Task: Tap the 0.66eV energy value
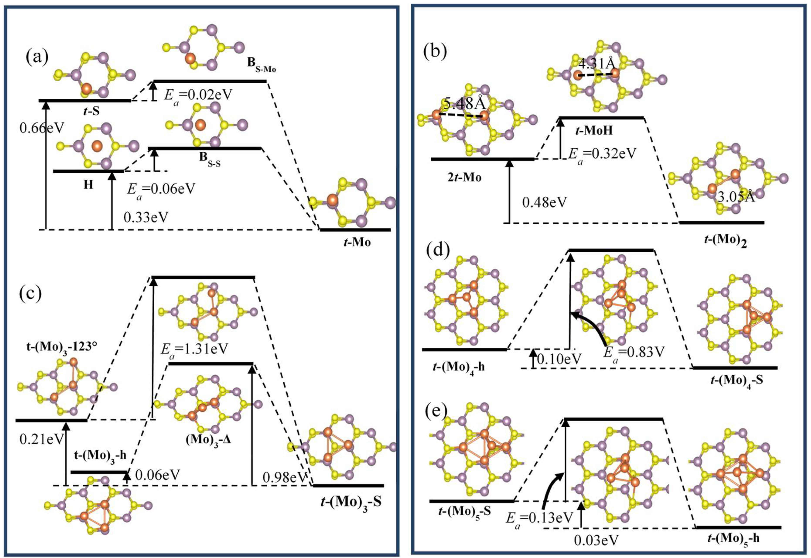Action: (42, 128)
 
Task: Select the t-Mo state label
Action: (356, 242)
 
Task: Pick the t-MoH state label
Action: (594, 131)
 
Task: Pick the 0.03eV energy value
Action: (596, 550)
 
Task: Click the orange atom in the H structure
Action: (97, 146)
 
